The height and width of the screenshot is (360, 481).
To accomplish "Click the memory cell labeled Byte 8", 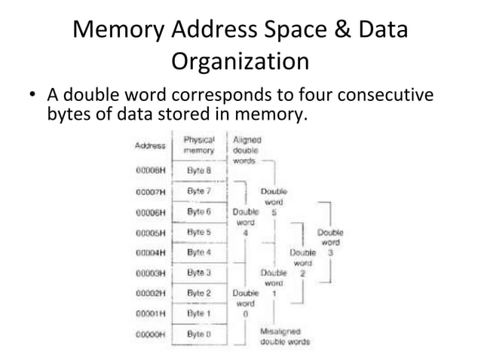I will pos(199,170).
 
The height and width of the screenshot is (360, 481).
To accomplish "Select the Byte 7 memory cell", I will pos(199,191).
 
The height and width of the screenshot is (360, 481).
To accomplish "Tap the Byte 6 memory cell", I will pos(199,212).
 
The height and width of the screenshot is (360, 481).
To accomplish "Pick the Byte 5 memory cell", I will pos(199,232).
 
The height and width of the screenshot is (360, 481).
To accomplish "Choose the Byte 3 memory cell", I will pos(199,272).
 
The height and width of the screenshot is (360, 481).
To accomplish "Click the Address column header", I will pos(150,145).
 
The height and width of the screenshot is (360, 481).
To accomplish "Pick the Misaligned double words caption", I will pos(284,336).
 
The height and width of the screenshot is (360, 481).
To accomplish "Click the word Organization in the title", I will pos(240,60).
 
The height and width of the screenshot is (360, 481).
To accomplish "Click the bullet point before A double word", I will pos(32,97).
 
